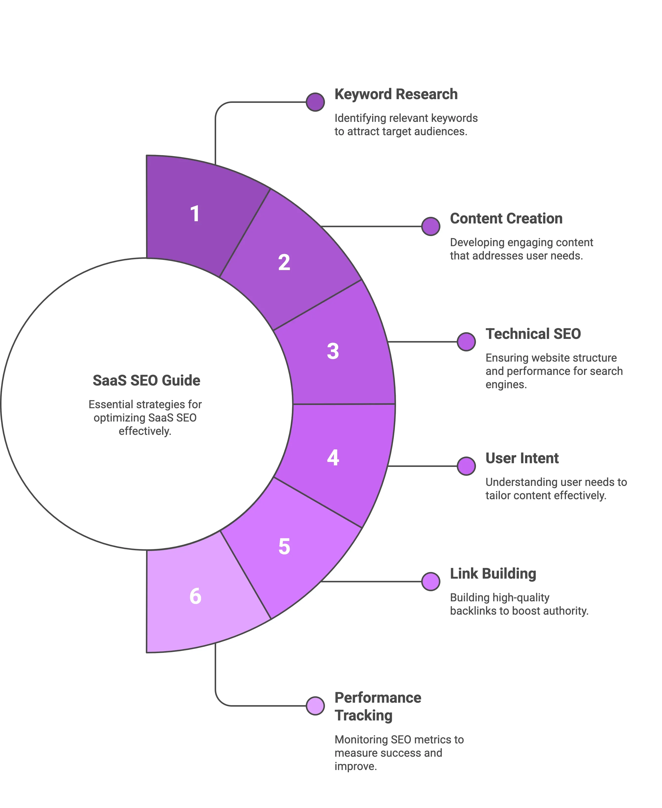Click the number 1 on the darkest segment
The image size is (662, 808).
tap(195, 214)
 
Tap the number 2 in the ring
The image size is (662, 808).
tap(284, 263)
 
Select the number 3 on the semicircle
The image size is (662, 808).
tap(333, 351)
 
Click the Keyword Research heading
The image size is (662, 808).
tap(396, 94)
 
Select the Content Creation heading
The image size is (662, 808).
tap(506, 218)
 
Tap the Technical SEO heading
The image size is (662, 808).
tap(533, 334)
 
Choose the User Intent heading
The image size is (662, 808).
tap(522, 458)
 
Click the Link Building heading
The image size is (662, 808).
tap(493, 574)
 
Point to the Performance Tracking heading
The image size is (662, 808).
tap(378, 706)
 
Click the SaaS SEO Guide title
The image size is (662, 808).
tap(146, 380)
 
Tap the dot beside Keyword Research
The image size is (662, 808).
tap(315, 102)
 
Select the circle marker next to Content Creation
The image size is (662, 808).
tap(431, 226)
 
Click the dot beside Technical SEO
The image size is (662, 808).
tap(466, 342)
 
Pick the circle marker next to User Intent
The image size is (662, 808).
tap(466, 466)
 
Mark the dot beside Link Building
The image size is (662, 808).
tap(431, 582)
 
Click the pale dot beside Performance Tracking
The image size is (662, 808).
tap(315, 706)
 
